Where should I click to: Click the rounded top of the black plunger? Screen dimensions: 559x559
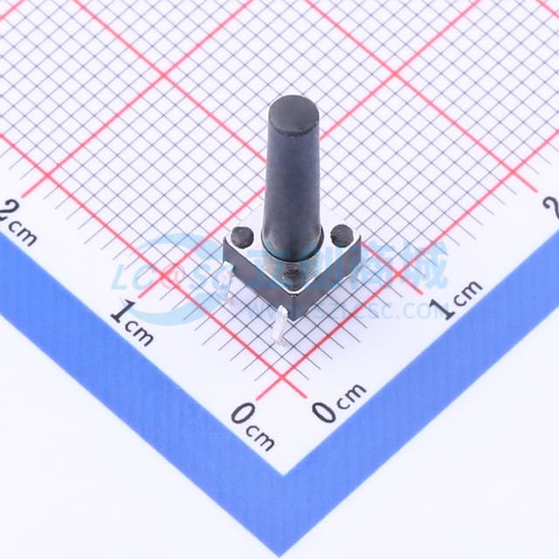click(293, 111)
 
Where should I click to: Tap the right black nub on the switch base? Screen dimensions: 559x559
click(342, 234)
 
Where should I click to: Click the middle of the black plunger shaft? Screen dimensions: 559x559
click(293, 183)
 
